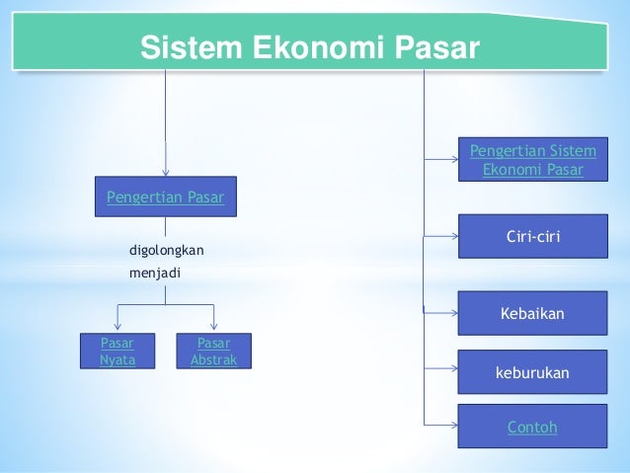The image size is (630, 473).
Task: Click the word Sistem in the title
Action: coord(185,46)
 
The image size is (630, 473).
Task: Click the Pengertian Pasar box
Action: coord(166,197)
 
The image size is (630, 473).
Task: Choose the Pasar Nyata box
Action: coord(118,352)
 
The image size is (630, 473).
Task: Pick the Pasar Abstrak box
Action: coord(214,352)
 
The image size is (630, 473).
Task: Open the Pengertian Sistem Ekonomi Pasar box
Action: coord(533,160)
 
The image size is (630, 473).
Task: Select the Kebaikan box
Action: coord(533,314)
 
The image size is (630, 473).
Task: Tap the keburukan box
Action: coord(533,372)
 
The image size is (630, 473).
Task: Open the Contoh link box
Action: coord(533,428)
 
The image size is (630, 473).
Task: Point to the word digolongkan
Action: coord(167,249)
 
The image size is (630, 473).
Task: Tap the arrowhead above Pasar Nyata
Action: coord(118,327)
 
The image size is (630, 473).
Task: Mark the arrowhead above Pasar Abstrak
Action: coord(214,327)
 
